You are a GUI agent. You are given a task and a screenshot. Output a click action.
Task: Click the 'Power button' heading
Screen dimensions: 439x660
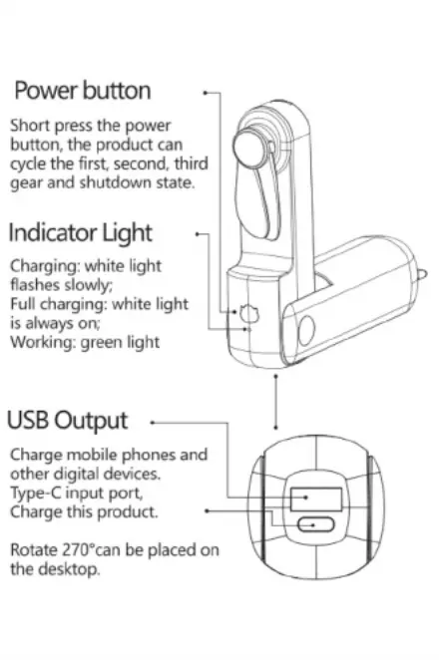point(83,91)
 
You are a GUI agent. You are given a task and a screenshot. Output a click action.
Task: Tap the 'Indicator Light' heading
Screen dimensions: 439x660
point(81,232)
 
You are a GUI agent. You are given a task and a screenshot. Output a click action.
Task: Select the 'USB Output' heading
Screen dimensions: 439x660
point(68,420)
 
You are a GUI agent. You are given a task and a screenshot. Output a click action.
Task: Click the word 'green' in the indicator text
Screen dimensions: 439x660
point(100,343)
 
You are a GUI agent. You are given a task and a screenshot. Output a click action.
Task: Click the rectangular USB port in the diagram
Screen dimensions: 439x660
point(316,498)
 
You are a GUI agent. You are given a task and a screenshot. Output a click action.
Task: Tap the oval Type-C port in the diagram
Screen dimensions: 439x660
point(316,525)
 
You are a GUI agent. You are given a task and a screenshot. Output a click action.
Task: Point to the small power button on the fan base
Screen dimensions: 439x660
point(248,314)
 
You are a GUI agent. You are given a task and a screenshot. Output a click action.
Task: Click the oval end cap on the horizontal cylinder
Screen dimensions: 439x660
point(306,330)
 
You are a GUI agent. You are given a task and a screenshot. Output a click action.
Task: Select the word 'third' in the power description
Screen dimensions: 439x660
point(192,164)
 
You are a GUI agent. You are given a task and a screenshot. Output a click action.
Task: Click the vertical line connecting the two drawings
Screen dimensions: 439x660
point(276,402)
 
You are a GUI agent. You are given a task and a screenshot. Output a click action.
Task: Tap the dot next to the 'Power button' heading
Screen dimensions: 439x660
point(206,93)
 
